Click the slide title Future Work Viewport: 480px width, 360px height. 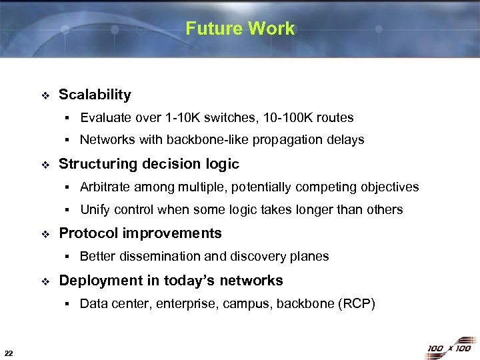click(x=240, y=29)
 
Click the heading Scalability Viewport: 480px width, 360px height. click(x=95, y=95)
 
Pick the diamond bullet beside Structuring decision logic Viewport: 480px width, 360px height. click(x=45, y=165)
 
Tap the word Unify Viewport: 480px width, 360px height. click(x=95, y=210)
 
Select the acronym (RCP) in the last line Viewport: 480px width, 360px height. click(x=357, y=304)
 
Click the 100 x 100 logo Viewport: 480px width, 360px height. click(x=449, y=348)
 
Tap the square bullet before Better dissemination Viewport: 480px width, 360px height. click(x=68, y=257)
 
